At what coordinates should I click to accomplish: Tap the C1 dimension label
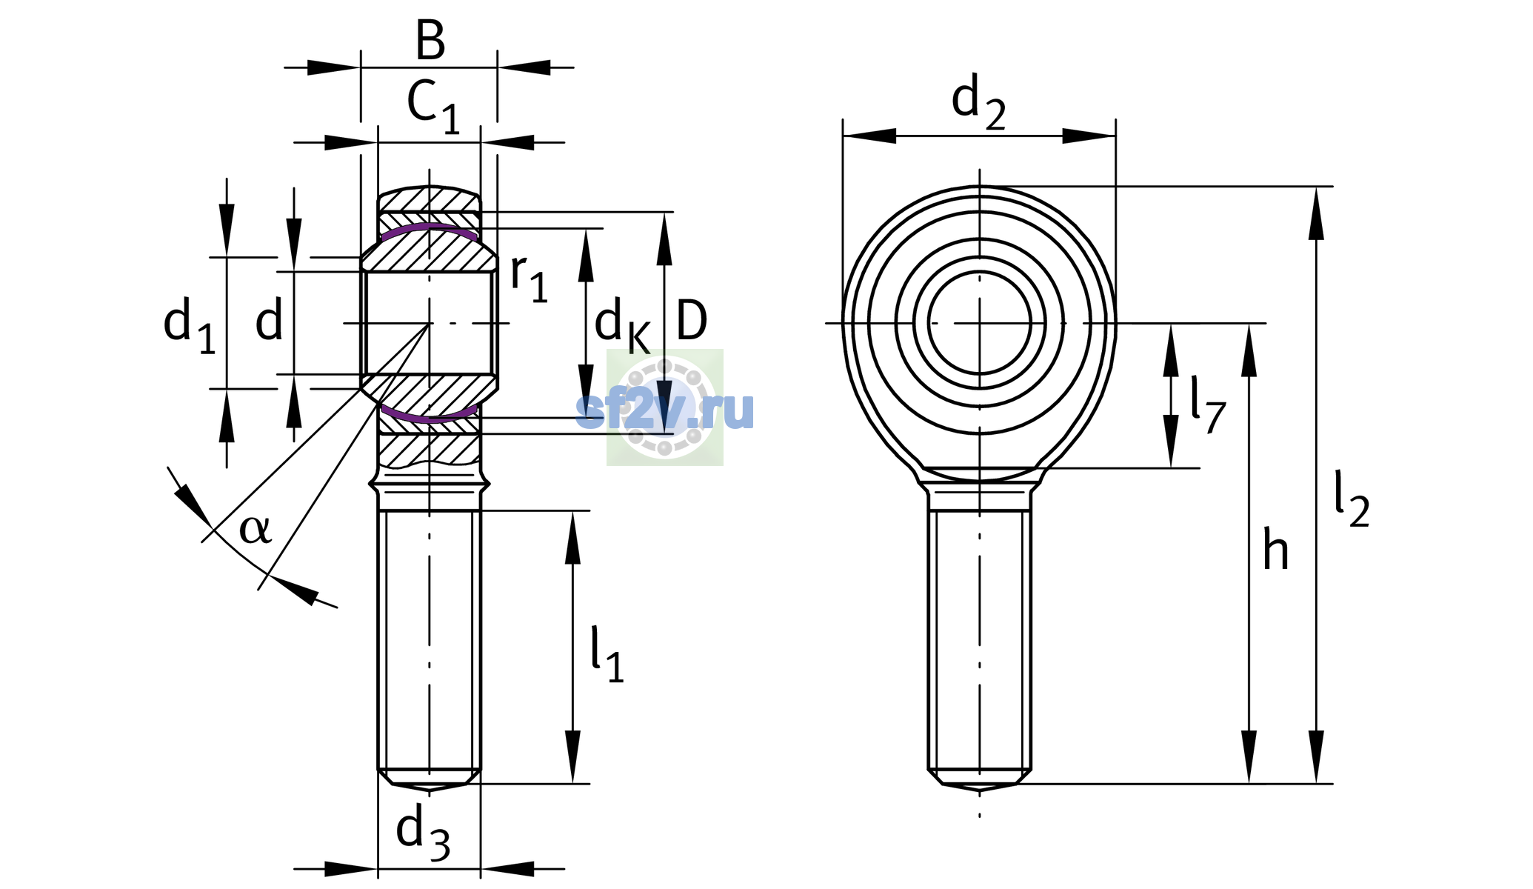433,105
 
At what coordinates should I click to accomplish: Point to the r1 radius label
529,278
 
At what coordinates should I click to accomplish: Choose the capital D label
692,321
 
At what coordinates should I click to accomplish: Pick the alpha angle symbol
255,529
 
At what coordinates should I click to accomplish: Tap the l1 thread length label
607,653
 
